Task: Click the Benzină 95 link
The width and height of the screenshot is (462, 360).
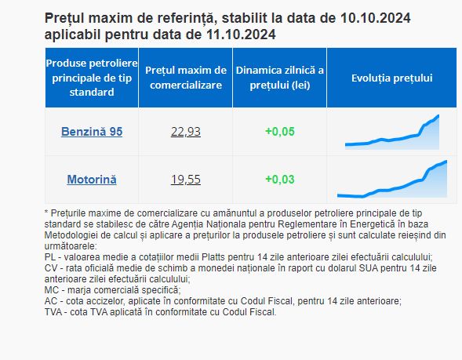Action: click(92, 132)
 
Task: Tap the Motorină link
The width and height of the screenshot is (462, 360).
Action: click(92, 180)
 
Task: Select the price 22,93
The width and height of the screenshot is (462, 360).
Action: click(186, 132)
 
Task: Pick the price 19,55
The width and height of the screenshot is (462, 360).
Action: click(186, 180)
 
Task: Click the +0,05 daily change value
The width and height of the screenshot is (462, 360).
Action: click(279, 132)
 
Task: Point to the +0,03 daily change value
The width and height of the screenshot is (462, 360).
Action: click(279, 180)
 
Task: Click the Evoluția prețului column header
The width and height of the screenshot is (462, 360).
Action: click(392, 78)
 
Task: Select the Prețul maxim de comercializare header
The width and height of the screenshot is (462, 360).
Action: click(186, 78)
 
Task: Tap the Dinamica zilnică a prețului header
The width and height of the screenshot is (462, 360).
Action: click(279, 78)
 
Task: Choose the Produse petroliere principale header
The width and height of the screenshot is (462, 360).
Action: click(92, 78)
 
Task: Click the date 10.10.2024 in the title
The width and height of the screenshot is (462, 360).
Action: click(376, 18)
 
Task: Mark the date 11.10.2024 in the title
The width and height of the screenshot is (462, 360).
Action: click(241, 35)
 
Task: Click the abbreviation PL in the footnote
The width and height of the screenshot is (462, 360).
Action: click(49, 257)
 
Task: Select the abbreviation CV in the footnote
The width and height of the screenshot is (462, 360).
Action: click(50, 268)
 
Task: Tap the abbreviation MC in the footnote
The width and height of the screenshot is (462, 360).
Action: click(51, 290)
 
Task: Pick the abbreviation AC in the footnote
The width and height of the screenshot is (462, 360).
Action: click(50, 301)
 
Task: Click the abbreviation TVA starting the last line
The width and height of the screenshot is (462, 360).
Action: click(53, 312)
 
